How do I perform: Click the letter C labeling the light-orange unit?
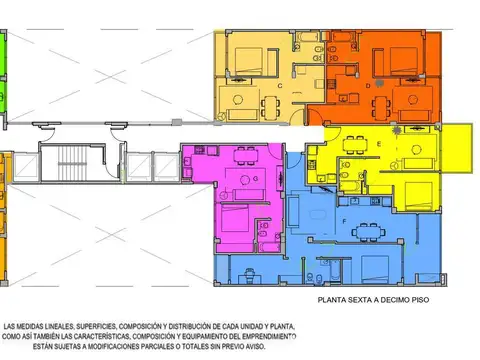tap(280, 86)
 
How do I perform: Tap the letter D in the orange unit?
tap(369, 86)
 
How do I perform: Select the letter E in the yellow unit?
tap(379, 143)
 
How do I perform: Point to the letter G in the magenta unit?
tap(256, 178)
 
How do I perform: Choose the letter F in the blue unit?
tap(344, 220)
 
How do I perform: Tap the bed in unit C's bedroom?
tap(245, 57)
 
